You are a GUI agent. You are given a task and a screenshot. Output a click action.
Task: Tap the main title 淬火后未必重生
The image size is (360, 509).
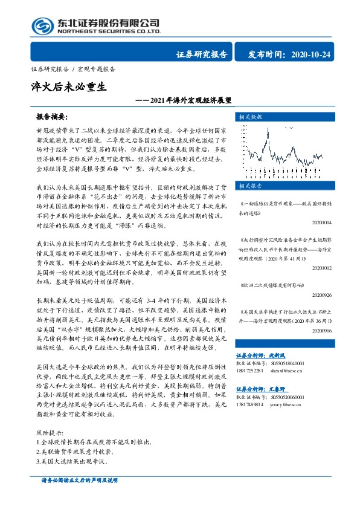[x=68, y=86]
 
